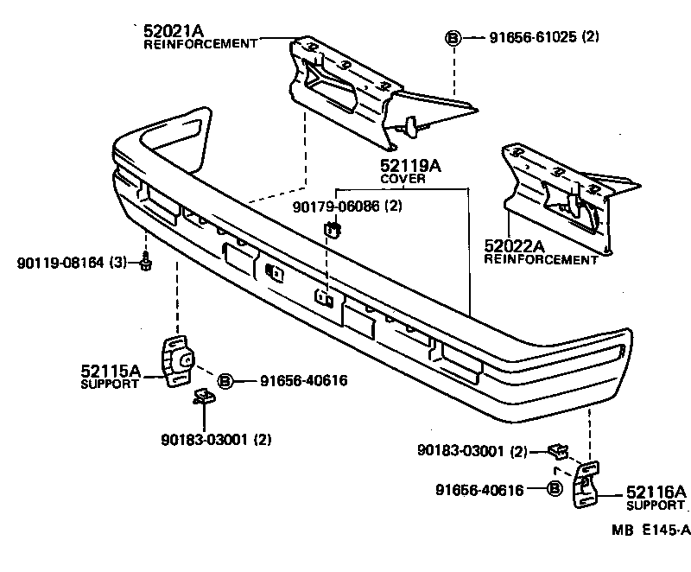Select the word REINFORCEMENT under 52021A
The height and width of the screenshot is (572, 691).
(x=200, y=43)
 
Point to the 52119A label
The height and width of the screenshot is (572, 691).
(x=410, y=166)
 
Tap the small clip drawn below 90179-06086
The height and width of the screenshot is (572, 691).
(x=332, y=229)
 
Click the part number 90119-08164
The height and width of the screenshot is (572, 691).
(x=59, y=261)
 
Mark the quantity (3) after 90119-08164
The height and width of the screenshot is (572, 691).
(x=117, y=261)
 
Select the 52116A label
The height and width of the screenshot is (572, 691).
(x=656, y=492)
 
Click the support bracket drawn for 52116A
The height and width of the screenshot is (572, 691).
(x=585, y=489)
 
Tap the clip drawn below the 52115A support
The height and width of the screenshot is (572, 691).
(x=203, y=397)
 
